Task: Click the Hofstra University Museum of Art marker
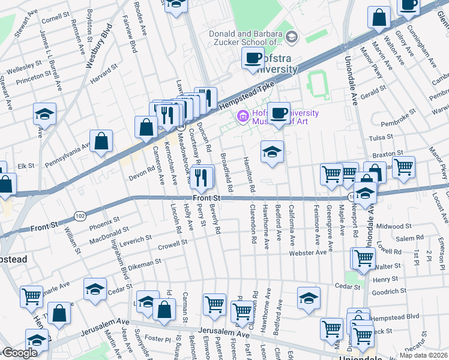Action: pyautogui.click(x=243, y=116)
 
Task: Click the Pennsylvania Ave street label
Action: pyautogui.click(x=66, y=153)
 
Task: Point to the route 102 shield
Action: pyautogui.click(x=79, y=215)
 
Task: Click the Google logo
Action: pyautogui.click(x=19, y=353)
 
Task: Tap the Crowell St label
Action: pyautogui.click(x=173, y=245)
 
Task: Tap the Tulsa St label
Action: pyautogui.click(x=381, y=137)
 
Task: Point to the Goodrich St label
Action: pyautogui.click(x=389, y=292)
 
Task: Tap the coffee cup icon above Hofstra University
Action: pyautogui.click(x=253, y=58)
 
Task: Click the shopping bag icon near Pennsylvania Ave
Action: pyautogui.click(x=102, y=141)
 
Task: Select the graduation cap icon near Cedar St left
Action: pyautogui.click(x=95, y=289)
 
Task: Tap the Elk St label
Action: pyautogui.click(x=26, y=166)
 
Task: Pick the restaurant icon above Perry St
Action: pyautogui.click(x=202, y=176)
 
